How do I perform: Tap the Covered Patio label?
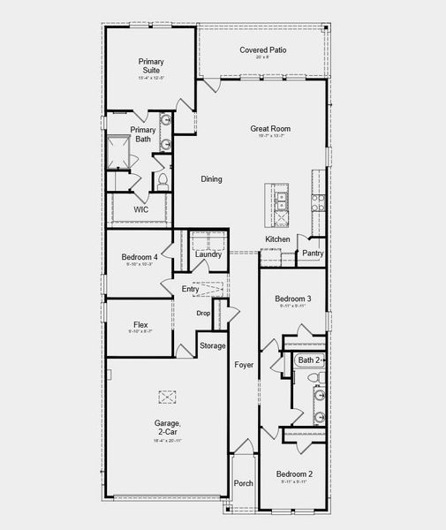(262, 50)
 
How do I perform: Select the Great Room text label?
(270, 129)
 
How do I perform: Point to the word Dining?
(211, 179)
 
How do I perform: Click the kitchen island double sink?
(280, 205)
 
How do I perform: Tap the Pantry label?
(313, 254)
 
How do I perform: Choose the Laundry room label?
(208, 254)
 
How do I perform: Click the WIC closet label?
(140, 209)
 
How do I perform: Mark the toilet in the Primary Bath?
(163, 181)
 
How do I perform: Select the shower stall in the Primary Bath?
(119, 151)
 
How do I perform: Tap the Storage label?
(212, 345)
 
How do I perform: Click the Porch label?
(243, 483)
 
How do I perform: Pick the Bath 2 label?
(309, 360)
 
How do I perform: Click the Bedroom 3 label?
(291, 299)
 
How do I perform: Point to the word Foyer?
(244, 364)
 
